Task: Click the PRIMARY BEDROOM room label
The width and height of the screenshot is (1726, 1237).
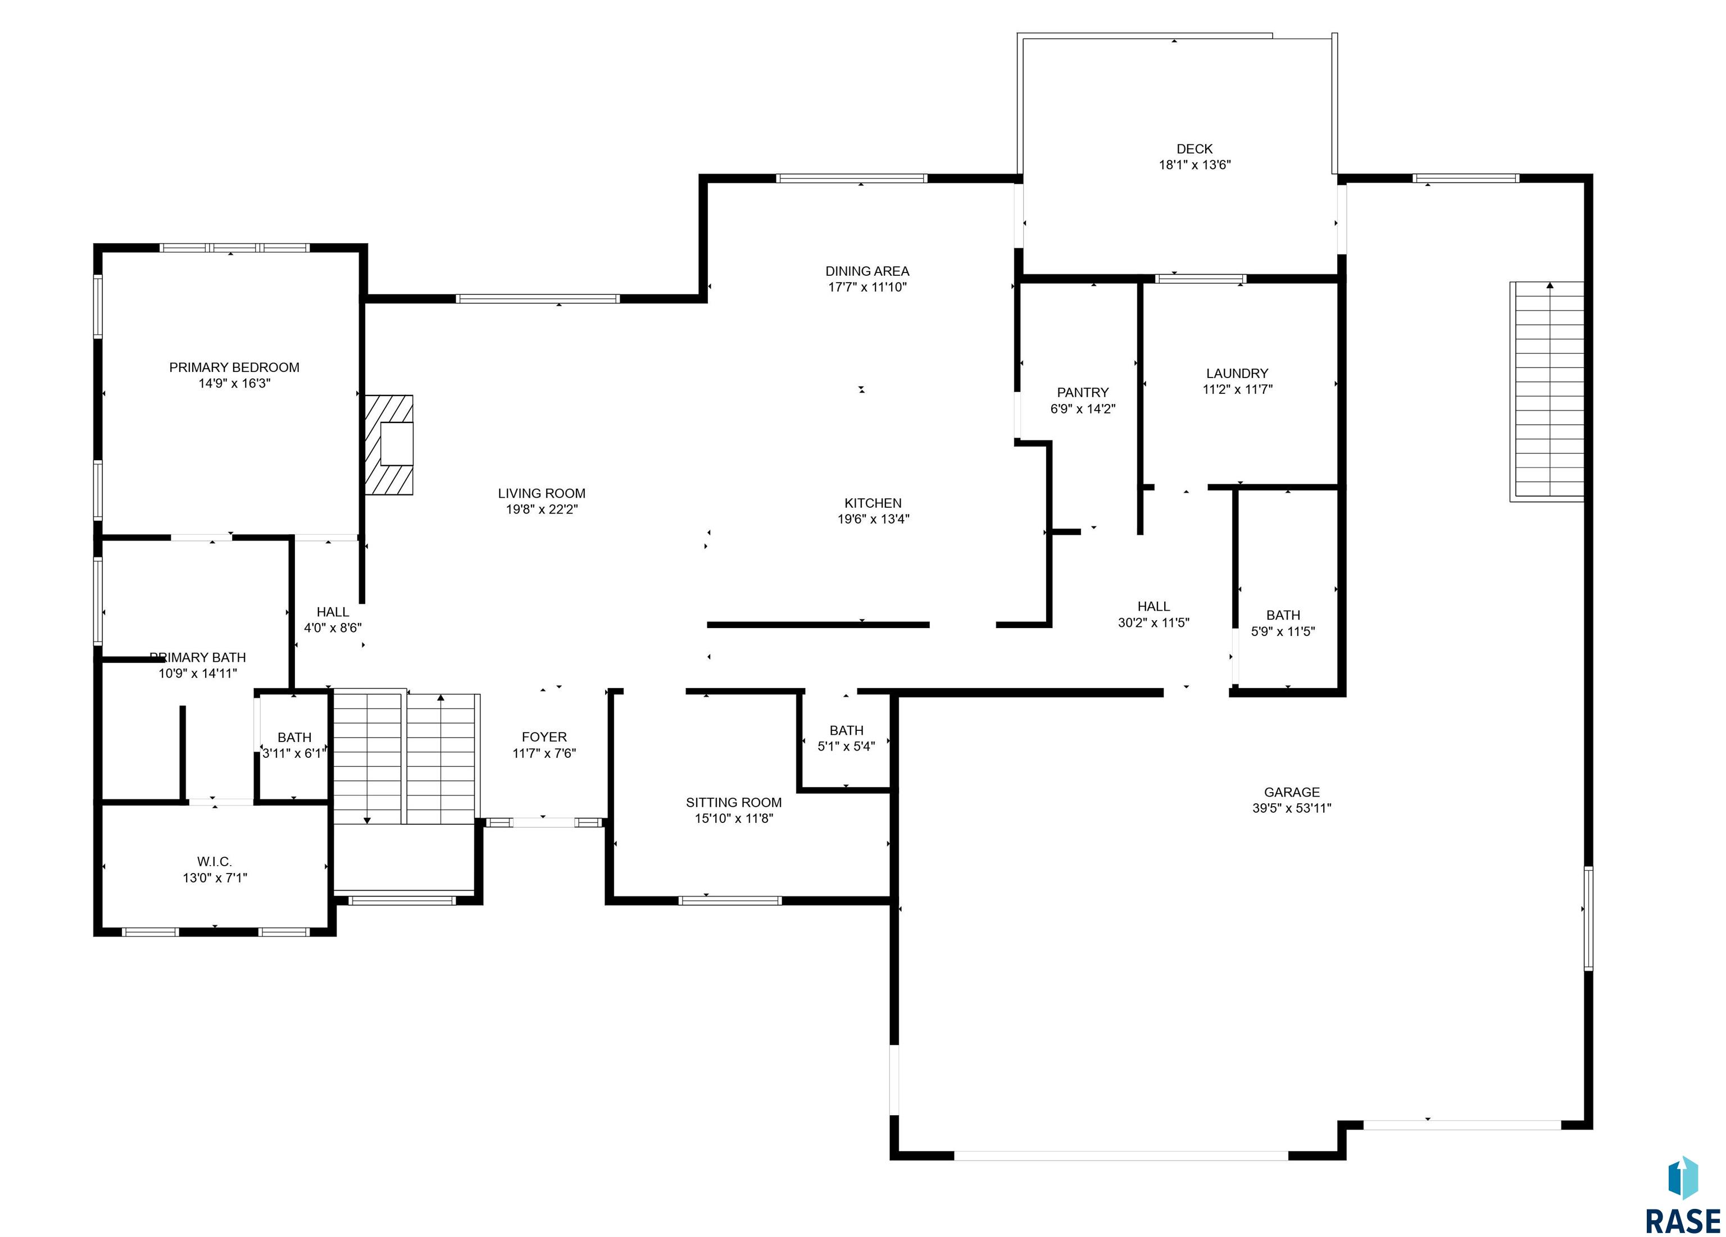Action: (234, 367)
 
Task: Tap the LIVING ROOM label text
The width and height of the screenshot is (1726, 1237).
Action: (542, 494)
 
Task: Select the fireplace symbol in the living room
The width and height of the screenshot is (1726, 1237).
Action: (389, 445)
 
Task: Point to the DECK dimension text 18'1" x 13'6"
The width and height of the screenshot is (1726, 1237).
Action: (1195, 165)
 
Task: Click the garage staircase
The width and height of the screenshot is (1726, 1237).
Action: (1547, 391)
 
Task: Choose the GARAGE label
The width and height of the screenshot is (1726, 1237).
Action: (1292, 792)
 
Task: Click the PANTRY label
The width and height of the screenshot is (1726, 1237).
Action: (1083, 393)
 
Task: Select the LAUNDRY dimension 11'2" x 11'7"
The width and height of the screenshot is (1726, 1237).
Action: (1237, 389)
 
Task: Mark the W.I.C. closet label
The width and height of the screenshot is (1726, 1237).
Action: (215, 861)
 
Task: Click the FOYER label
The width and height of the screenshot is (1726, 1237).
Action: (544, 736)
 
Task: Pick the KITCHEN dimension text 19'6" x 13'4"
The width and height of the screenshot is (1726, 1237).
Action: (874, 520)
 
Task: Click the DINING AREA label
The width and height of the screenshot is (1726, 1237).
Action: (867, 271)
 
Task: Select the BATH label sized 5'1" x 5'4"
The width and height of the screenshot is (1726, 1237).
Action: (846, 730)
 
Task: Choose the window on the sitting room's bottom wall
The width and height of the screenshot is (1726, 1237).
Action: (730, 901)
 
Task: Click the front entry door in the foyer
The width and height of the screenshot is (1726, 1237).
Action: (543, 822)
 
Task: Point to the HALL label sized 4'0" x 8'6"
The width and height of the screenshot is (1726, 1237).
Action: (333, 612)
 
